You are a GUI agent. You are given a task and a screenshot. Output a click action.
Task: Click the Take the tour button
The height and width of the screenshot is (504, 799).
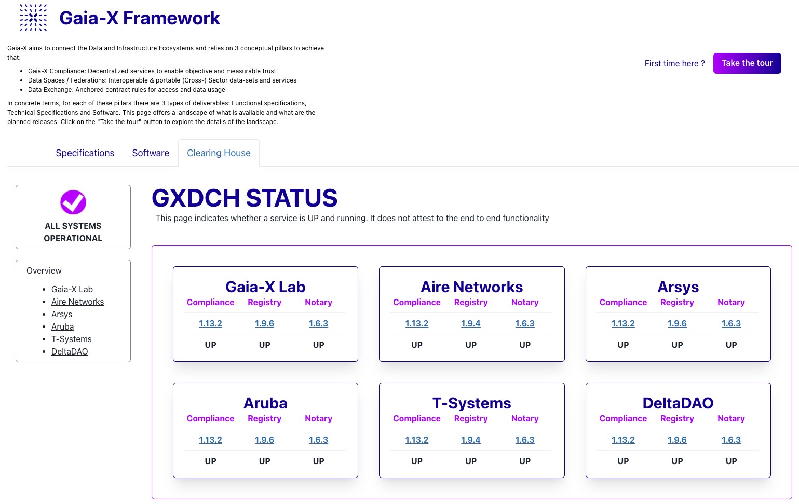[747, 63]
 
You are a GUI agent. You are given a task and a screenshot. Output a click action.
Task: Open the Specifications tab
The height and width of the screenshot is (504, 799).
[85, 153]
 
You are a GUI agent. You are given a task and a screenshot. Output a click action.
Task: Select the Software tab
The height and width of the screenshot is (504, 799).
[151, 153]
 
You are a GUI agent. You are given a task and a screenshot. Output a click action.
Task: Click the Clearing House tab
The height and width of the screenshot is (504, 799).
[219, 153]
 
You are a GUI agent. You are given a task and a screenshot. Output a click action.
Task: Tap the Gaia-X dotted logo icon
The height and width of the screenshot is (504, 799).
[33, 18]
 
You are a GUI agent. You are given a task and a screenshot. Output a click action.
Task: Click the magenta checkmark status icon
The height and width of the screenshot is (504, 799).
[73, 202]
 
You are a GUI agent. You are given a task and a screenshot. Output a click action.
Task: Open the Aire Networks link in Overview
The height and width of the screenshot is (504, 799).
[77, 302]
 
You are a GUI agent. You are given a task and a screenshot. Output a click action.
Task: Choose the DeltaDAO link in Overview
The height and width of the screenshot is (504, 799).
[70, 352]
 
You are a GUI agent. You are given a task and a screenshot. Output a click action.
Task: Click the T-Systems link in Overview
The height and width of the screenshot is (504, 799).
[71, 339]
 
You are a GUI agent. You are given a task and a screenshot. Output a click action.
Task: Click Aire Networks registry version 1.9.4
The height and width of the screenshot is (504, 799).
[470, 323]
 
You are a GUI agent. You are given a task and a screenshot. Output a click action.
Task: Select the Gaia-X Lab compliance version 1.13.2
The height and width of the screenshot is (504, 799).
[210, 323]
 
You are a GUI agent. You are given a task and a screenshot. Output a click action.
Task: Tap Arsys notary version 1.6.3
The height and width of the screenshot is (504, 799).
[731, 323]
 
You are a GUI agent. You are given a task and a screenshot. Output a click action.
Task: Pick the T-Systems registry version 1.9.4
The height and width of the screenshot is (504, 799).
[470, 440]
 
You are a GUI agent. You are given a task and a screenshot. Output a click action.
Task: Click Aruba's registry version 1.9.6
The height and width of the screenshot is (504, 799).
[264, 440]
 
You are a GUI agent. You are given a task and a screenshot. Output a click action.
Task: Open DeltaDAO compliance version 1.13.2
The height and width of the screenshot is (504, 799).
[623, 440]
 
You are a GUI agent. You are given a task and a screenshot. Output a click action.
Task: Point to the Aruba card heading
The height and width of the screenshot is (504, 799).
[265, 403]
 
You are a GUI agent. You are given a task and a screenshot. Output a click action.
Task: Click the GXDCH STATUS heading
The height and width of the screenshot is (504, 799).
[245, 198]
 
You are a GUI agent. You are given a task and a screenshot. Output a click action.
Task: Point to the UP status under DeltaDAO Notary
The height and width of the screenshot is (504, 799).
[731, 461]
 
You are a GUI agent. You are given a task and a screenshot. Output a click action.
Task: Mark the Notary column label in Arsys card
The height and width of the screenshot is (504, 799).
[731, 302]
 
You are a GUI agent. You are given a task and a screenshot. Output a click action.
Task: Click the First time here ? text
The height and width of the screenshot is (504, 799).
[674, 63]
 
